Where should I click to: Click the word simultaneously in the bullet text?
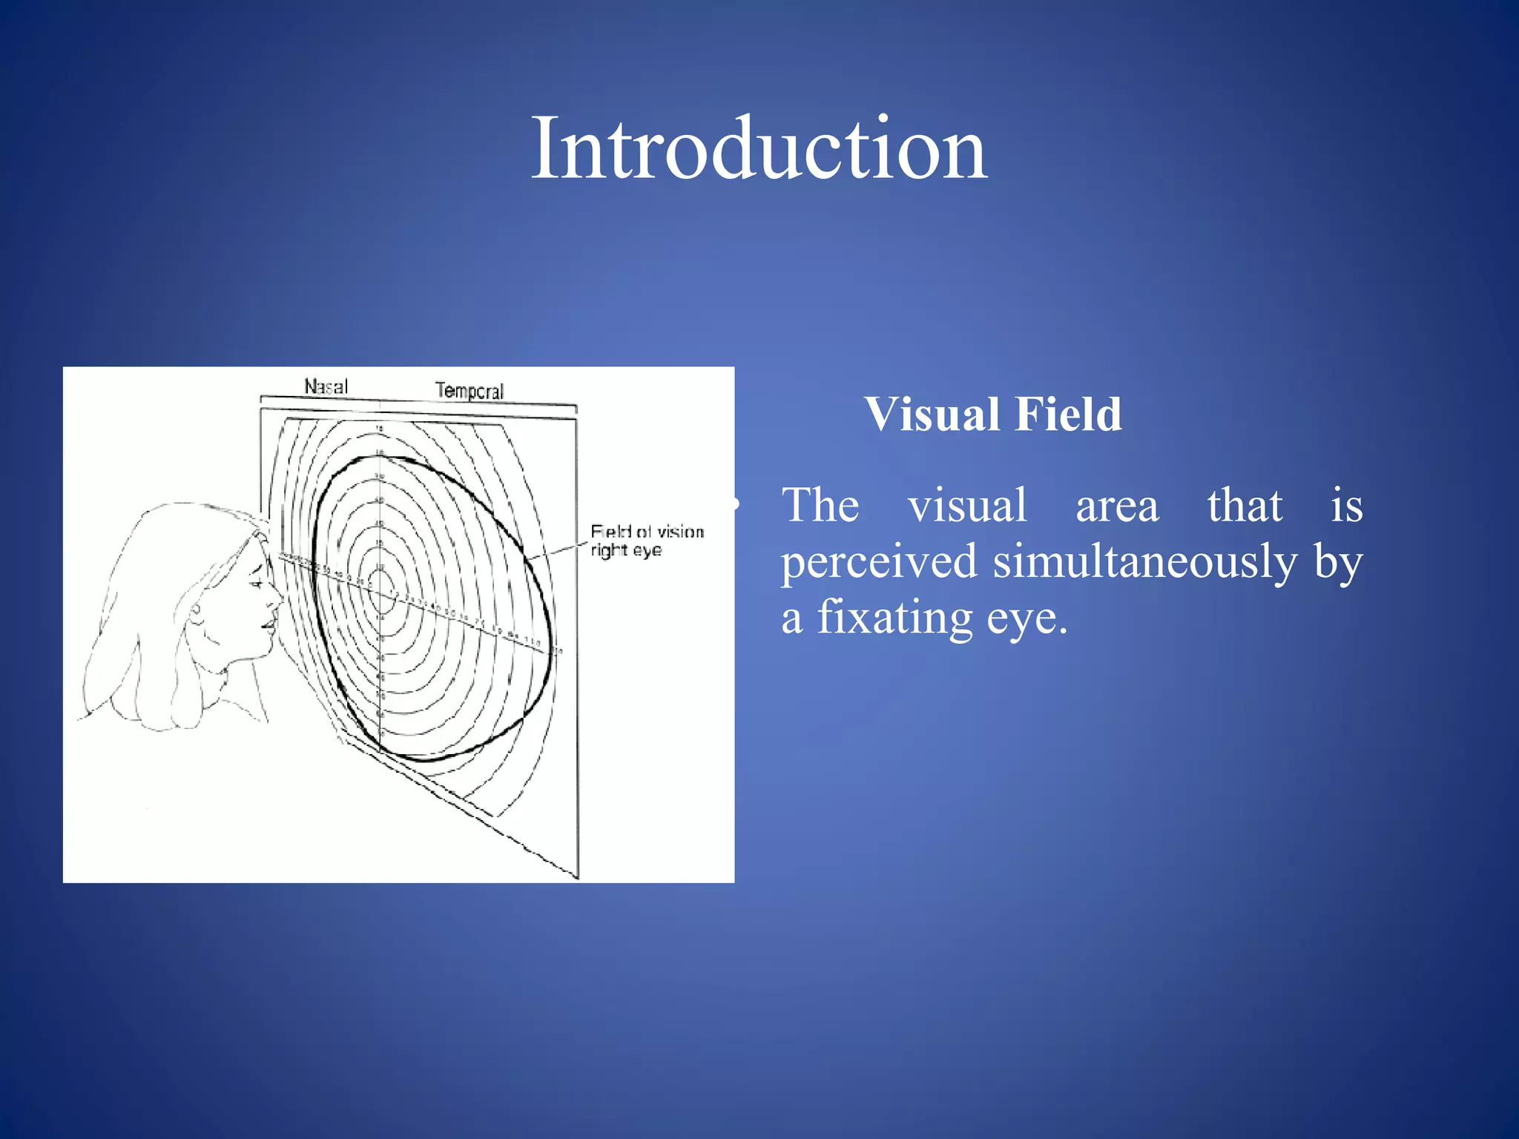tap(1144, 561)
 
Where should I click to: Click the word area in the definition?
tap(1117, 506)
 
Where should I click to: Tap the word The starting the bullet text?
tap(820, 506)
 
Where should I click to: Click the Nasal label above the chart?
tap(326, 386)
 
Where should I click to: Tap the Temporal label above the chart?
tap(469, 391)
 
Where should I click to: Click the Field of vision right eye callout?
tap(646, 541)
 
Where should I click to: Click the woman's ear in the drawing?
tap(197, 613)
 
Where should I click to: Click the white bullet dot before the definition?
tap(734, 505)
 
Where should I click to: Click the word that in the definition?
tap(1244, 506)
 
